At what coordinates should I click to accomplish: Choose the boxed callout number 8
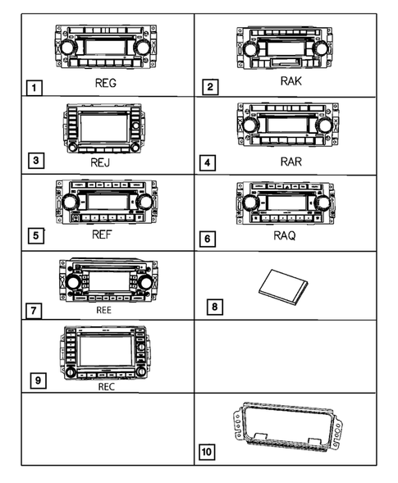click(x=214, y=308)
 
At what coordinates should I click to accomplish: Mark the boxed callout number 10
click(x=208, y=450)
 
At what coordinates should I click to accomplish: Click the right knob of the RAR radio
click(x=325, y=125)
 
